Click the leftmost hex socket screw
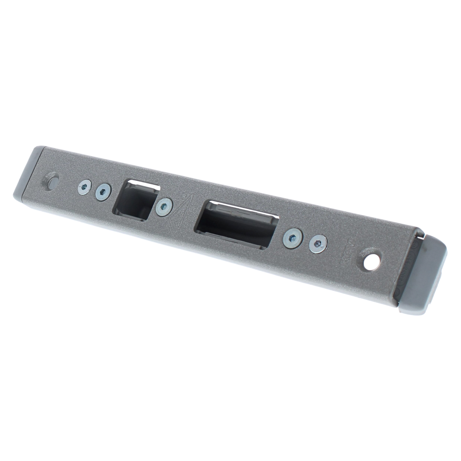click(x=85, y=187)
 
